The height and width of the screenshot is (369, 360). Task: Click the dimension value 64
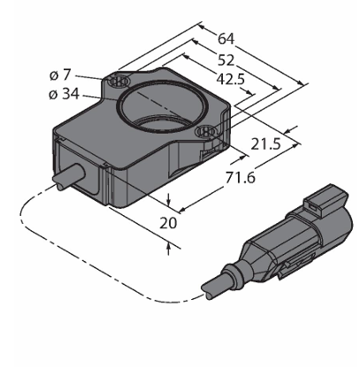[x=226, y=39]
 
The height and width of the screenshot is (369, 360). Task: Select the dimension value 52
[x=226, y=60]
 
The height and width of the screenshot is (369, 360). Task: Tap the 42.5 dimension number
[x=231, y=79]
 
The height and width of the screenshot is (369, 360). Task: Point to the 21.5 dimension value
[x=265, y=144]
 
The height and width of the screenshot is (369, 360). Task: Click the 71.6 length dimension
[x=241, y=178]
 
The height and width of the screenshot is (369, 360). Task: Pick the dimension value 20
[x=168, y=223]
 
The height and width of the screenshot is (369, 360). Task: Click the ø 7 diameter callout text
[x=60, y=75]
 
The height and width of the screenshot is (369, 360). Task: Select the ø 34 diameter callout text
[x=65, y=94]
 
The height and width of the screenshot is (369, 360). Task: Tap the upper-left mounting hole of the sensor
[x=119, y=81]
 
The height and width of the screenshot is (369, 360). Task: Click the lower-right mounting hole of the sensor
[x=207, y=131]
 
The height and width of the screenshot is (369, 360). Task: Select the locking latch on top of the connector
[x=326, y=201]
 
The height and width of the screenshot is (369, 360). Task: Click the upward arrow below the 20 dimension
[x=168, y=249]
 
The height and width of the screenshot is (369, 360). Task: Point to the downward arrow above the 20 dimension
[x=168, y=200]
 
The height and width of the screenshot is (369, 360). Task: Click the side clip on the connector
[x=295, y=264]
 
